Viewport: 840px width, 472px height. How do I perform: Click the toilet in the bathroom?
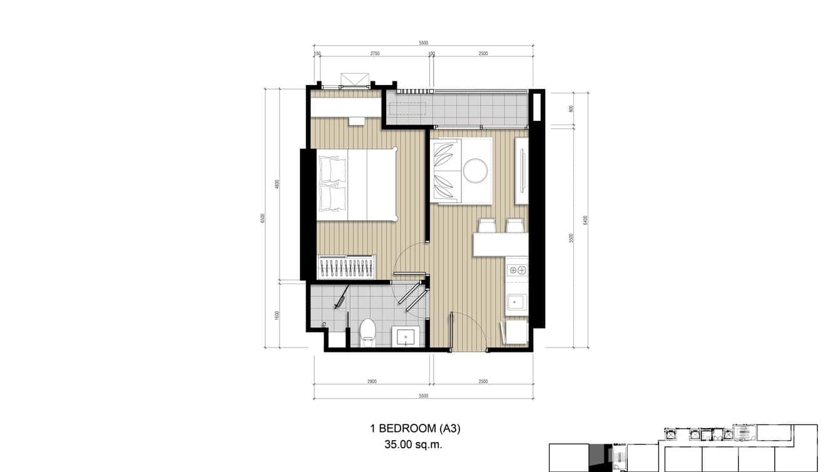[x=368, y=332]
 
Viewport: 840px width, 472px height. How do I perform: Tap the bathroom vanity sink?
[x=408, y=337]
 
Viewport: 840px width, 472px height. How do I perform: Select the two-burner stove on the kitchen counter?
[x=517, y=270]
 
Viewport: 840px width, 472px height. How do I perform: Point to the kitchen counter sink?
[x=517, y=303]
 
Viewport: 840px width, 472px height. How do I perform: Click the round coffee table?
[x=475, y=170]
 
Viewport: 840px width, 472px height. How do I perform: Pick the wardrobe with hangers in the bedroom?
[x=347, y=267]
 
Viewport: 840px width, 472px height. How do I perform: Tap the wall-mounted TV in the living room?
[x=521, y=170]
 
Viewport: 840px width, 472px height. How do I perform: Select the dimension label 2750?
[x=374, y=54]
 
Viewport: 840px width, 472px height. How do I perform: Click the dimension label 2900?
[x=372, y=381]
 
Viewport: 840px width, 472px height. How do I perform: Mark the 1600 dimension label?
[x=277, y=315]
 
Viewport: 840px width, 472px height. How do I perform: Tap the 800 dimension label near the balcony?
[x=571, y=109]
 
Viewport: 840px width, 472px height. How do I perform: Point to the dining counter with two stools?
[x=501, y=244]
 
